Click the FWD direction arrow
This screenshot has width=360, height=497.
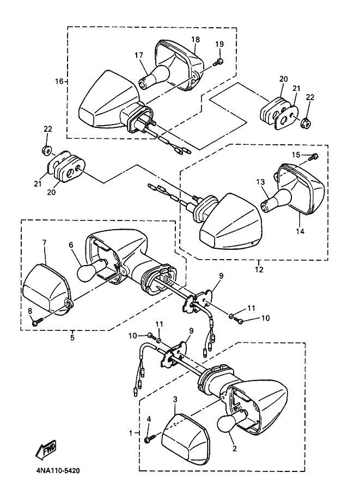click(x=46, y=449)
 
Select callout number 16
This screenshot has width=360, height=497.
click(x=59, y=82)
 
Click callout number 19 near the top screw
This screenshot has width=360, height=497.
click(x=219, y=44)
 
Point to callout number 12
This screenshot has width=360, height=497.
click(x=259, y=269)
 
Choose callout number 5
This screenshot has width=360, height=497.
click(x=72, y=338)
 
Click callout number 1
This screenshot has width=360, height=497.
click(x=131, y=433)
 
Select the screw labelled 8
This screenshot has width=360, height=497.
click(x=37, y=322)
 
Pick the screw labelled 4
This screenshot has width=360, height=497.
click(x=150, y=439)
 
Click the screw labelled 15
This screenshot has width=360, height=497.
click(x=314, y=156)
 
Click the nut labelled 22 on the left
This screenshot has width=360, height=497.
click(x=47, y=151)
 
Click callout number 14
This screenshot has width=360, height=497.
click(x=300, y=232)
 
